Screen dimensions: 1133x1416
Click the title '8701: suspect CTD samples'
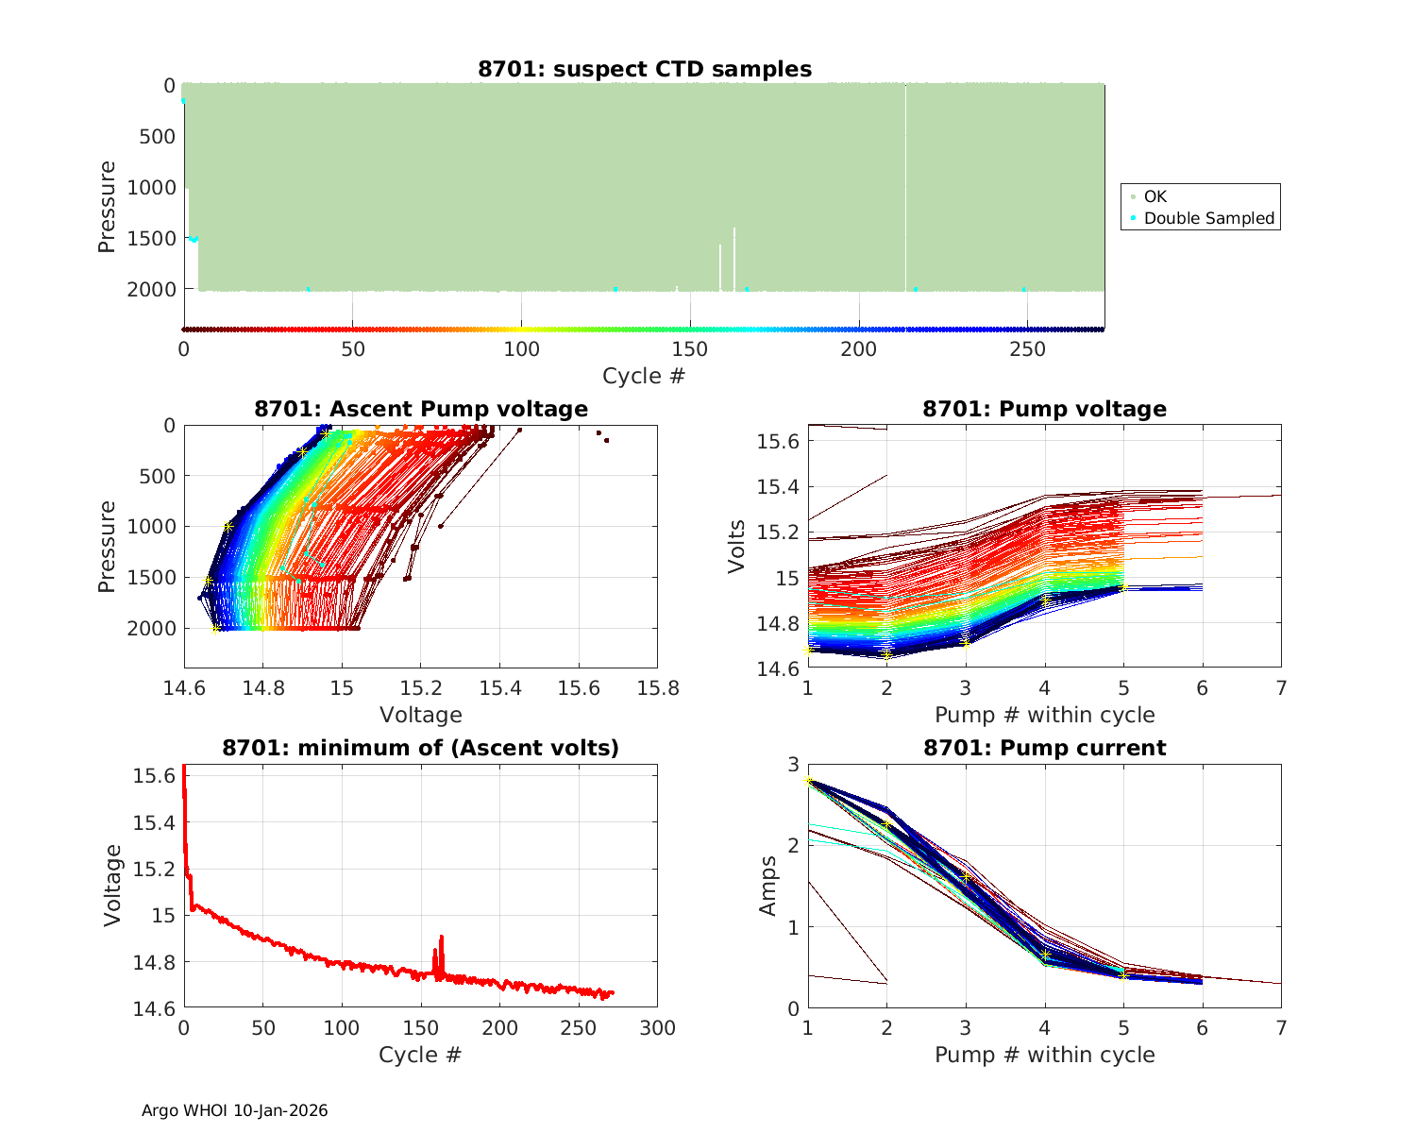pos(645,69)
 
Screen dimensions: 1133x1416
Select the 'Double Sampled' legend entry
pos(1208,218)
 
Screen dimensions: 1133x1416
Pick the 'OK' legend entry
pos(1155,196)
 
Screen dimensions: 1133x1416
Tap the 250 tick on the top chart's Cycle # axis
pos(1027,349)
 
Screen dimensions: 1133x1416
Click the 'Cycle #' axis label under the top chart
pos(644,376)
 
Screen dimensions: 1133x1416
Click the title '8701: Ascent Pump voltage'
pos(421,409)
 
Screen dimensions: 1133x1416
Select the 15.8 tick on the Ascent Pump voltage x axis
pos(657,688)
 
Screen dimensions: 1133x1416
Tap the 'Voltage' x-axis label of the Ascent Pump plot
pos(421,715)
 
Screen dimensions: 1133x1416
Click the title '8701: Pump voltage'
pos(1044,409)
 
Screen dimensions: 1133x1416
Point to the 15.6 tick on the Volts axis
pos(778,442)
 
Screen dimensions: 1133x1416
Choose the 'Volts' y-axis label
pos(737,547)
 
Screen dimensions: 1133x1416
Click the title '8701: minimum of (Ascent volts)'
pos(421,748)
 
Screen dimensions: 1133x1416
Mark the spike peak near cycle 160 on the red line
pos(441,937)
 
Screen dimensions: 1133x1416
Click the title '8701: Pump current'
pos(1044,748)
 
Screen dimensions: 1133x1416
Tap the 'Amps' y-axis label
pos(768,886)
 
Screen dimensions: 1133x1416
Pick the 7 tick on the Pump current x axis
pos(1281,1028)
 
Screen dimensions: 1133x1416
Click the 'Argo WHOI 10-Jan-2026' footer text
pos(235,1110)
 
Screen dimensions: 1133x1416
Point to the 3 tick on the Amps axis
pos(793,765)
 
